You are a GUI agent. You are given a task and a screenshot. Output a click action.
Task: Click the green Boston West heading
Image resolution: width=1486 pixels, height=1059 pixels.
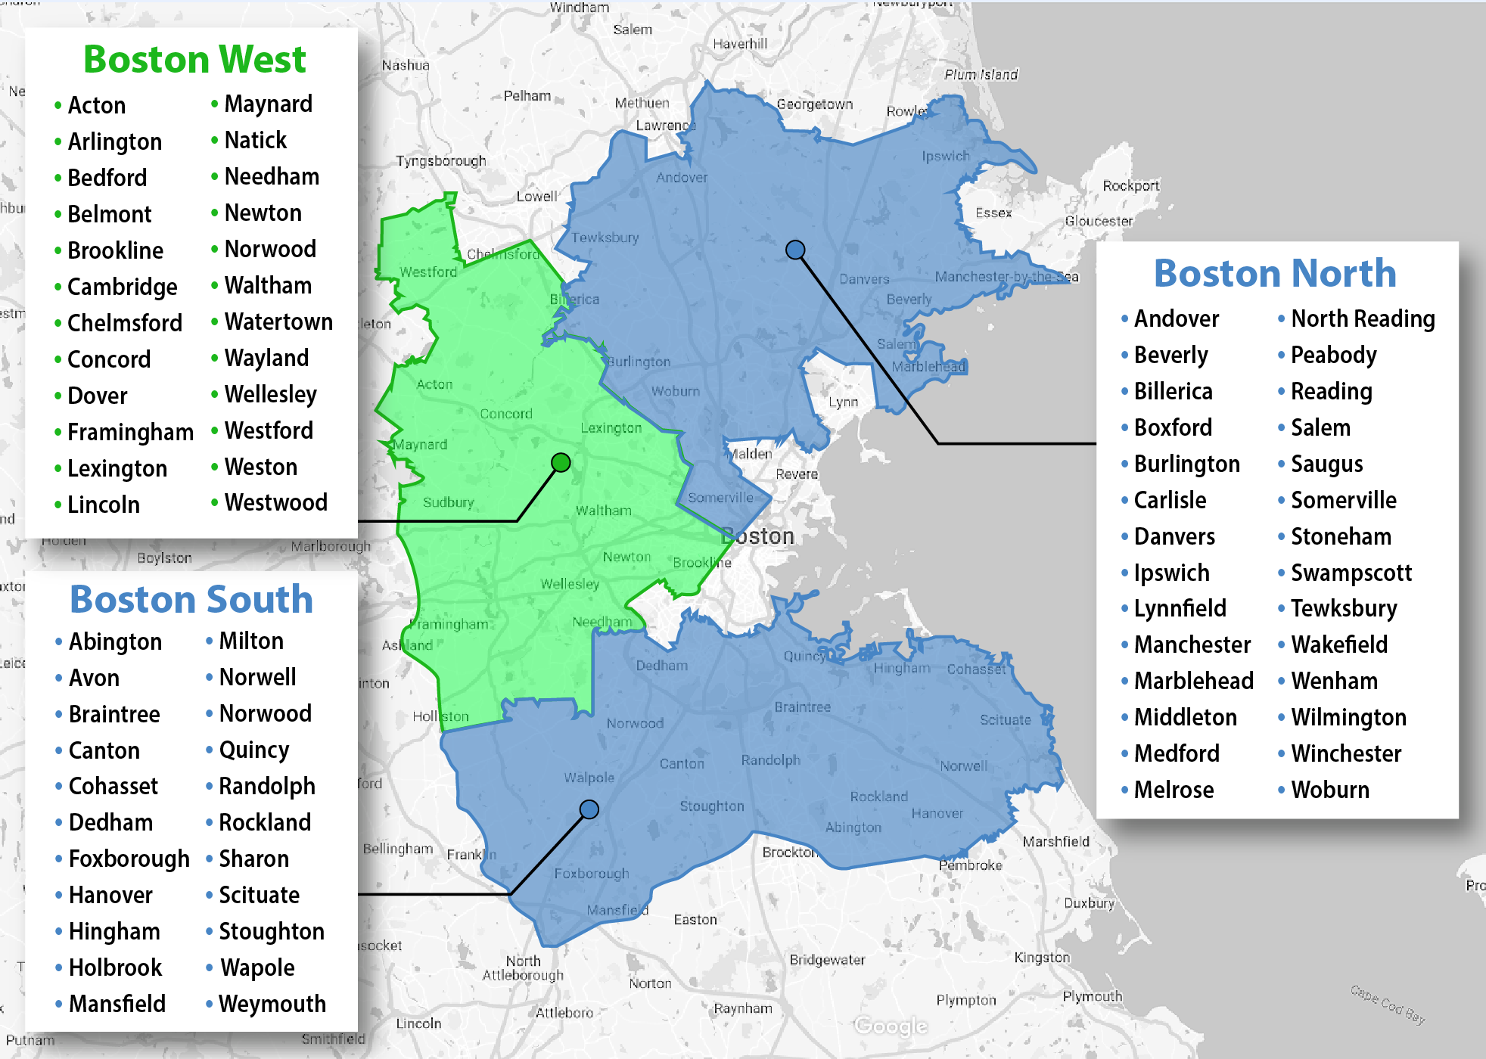tap(194, 60)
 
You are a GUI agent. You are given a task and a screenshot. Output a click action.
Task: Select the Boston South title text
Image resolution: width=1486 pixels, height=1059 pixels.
tap(191, 600)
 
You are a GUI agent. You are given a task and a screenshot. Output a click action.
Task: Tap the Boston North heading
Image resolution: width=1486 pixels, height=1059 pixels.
tap(1275, 273)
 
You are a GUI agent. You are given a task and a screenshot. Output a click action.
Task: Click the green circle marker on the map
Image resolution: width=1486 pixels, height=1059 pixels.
tap(561, 462)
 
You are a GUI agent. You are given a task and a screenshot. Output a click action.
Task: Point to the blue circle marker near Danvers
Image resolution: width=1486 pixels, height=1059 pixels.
tap(795, 250)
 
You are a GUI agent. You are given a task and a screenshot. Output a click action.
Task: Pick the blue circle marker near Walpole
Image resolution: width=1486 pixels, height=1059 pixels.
tap(589, 809)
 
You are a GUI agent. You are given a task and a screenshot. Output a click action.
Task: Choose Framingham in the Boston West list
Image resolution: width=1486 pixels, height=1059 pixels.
tap(130, 432)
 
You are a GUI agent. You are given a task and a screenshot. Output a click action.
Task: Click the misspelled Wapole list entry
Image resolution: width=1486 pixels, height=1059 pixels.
tap(257, 967)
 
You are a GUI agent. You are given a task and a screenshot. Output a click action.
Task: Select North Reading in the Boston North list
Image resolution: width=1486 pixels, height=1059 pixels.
tap(1363, 318)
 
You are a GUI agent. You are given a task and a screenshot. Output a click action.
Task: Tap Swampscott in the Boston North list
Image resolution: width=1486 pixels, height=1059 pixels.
tap(1351, 573)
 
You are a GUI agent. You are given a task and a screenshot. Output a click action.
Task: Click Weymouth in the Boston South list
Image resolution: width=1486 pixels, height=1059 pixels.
tap(272, 1004)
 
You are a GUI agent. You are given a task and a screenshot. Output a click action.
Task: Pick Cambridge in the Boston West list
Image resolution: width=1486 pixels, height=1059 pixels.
tap(122, 287)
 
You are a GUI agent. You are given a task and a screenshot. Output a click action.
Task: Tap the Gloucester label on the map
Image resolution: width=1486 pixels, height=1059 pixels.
tap(1099, 221)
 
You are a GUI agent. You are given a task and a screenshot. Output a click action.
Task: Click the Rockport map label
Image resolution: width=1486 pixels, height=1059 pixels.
tap(1130, 185)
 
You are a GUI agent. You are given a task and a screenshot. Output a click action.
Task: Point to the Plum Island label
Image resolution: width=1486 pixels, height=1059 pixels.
tap(981, 74)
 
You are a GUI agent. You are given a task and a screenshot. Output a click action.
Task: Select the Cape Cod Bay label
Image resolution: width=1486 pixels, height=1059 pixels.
tap(1388, 1005)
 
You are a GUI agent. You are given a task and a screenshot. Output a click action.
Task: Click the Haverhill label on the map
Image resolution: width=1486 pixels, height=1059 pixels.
tap(740, 44)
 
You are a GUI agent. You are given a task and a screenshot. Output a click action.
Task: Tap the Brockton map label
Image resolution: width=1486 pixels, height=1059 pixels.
tap(789, 852)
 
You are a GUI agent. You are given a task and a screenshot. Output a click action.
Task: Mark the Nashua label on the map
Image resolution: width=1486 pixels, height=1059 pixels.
tap(406, 65)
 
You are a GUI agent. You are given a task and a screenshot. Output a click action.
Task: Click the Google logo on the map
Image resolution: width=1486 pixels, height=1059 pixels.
tap(891, 1026)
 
